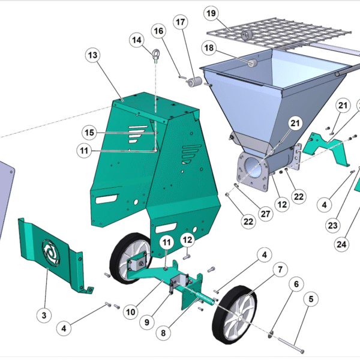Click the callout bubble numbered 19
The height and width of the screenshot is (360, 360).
click(x=211, y=13)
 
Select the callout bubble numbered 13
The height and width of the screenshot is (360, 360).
click(x=93, y=55)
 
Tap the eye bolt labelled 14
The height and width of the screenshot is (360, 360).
click(x=156, y=55)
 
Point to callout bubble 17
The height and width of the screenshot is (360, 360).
click(x=181, y=22)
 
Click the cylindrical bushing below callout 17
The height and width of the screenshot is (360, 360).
click(x=194, y=82)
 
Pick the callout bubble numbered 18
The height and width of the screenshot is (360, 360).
click(x=209, y=48)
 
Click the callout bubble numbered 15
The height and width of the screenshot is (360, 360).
click(x=89, y=133)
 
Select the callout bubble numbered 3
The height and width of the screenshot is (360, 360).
click(x=44, y=315)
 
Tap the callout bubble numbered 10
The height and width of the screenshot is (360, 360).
click(x=131, y=312)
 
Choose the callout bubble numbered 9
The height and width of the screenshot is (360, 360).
click(x=147, y=322)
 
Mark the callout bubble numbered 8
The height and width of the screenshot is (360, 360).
click(x=163, y=333)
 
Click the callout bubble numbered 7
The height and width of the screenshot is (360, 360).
click(x=280, y=269)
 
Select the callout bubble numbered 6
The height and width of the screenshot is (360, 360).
click(x=296, y=284)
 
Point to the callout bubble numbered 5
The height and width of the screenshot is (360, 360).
click(x=311, y=299)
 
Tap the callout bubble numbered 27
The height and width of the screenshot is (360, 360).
click(x=265, y=214)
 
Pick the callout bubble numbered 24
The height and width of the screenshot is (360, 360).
click(x=341, y=244)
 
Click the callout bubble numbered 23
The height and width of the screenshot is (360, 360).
click(x=332, y=225)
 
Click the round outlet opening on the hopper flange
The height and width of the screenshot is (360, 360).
click(x=253, y=167)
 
